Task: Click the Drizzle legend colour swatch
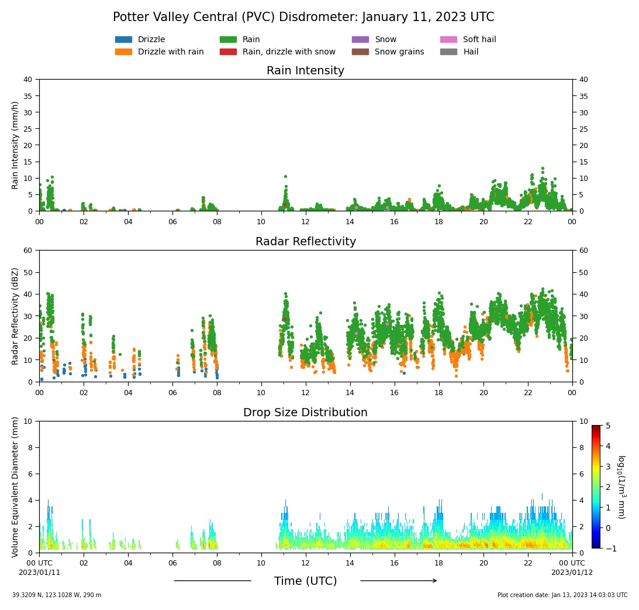tap(123, 40)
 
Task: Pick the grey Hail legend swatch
tap(448, 52)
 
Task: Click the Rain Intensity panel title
tap(305, 71)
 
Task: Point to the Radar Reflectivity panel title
tap(305, 242)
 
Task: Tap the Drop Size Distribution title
tap(305, 413)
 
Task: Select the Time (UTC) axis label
tap(305, 581)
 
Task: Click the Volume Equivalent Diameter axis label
tap(15, 486)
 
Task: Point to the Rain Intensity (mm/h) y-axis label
tap(15, 145)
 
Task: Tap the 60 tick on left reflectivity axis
tap(28, 251)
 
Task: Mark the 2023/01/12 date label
tap(572, 573)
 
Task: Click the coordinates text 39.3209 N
tap(32, 595)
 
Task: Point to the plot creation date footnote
tap(562, 595)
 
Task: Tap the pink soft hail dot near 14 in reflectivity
tap(356, 333)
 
